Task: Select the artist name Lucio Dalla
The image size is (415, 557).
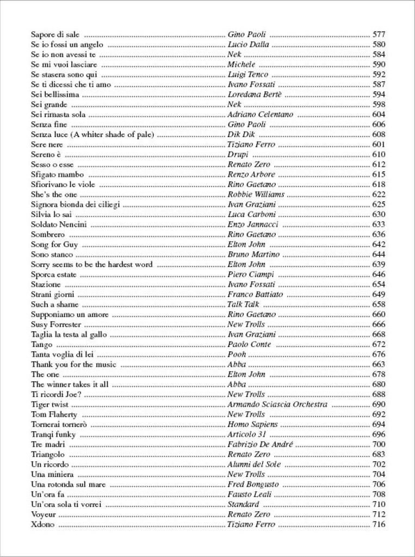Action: click(x=248, y=45)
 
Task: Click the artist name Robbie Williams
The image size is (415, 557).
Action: click(x=256, y=195)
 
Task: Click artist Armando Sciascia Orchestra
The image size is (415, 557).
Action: click(x=277, y=405)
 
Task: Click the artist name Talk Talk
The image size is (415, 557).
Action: click(x=243, y=305)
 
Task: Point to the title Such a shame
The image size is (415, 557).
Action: click(x=54, y=305)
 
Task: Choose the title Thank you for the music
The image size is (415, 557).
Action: click(x=73, y=364)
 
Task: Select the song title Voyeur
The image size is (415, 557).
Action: click(x=44, y=515)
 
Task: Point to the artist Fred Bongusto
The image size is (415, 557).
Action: click(x=252, y=485)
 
